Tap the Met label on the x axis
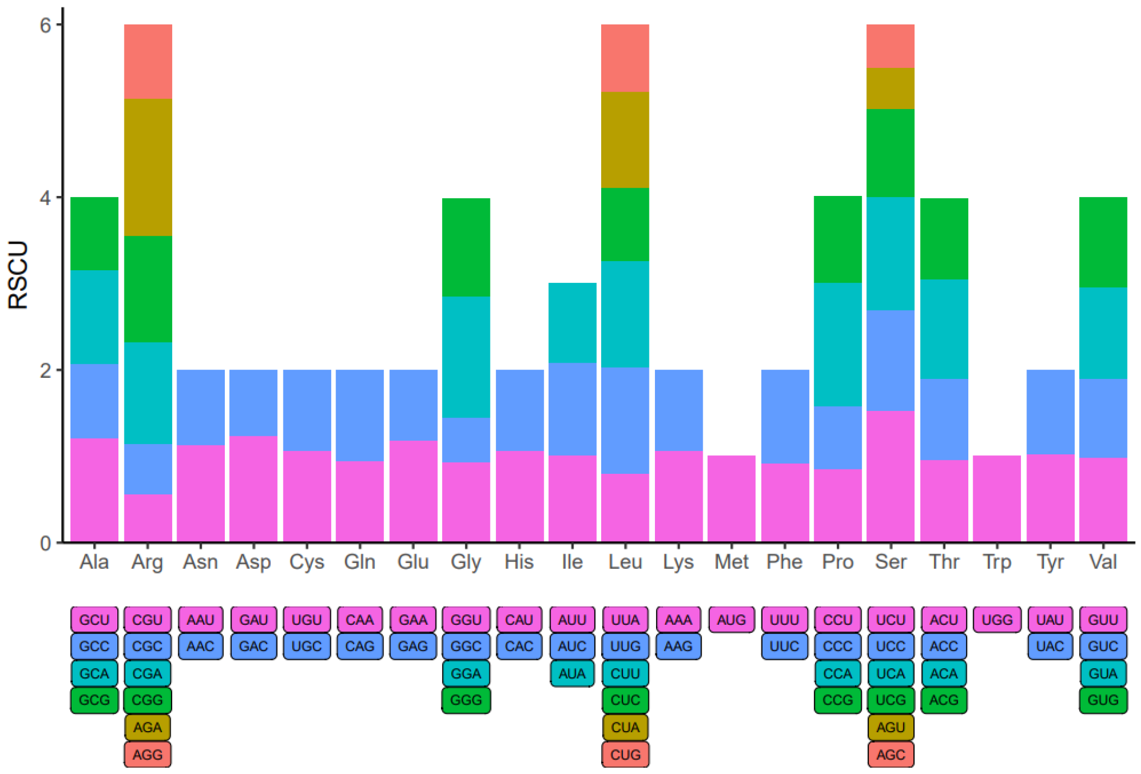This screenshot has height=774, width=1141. pyautogui.click(x=731, y=562)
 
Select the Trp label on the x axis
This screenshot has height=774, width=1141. pyautogui.click(x=997, y=562)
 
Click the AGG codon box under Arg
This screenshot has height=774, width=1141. pyautogui.click(x=147, y=754)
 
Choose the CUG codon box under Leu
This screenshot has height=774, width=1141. pyautogui.click(x=625, y=754)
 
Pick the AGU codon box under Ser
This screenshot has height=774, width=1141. pyautogui.click(x=891, y=727)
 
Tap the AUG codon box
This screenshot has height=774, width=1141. pyautogui.click(x=731, y=620)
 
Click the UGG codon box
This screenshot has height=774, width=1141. pyautogui.click(x=997, y=620)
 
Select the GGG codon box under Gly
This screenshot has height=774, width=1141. pyautogui.click(x=466, y=700)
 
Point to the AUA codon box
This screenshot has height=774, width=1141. pyautogui.click(x=572, y=674)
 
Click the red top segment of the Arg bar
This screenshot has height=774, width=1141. pyautogui.click(x=148, y=61)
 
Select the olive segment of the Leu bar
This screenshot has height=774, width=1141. pyautogui.click(x=625, y=139)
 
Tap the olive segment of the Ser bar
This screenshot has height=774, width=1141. pyautogui.click(x=891, y=88)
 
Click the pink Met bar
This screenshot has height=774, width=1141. pyautogui.click(x=731, y=498)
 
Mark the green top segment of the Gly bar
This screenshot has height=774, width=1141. pyautogui.click(x=466, y=247)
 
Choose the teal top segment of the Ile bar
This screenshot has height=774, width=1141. pyautogui.click(x=572, y=322)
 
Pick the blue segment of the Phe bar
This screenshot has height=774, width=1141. pyautogui.click(x=785, y=416)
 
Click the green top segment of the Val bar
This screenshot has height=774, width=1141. pyautogui.click(x=1103, y=242)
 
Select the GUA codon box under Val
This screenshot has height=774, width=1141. pyautogui.click(x=1103, y=674)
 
